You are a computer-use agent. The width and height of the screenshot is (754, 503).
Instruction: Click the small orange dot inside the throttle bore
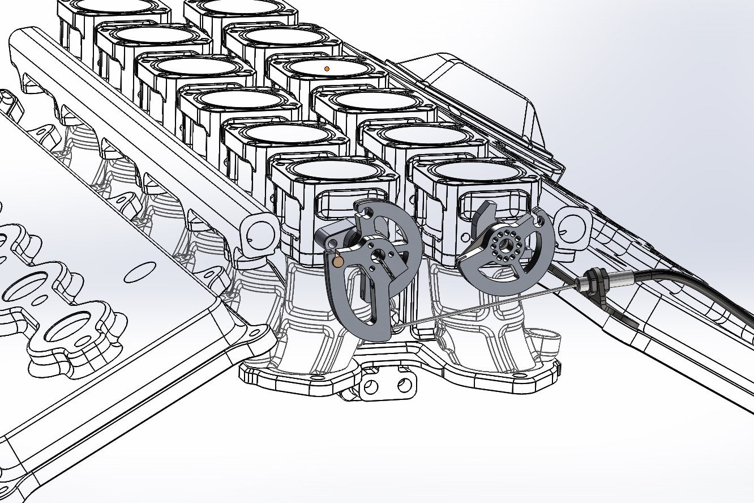(x=326, y=68)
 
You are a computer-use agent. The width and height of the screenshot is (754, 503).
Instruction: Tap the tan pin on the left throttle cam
(x=338, y=261)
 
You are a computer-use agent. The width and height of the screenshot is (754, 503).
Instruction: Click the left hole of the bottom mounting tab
(x=371, y=387)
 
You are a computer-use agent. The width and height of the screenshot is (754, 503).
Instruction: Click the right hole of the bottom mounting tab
(x=404, y=386)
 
